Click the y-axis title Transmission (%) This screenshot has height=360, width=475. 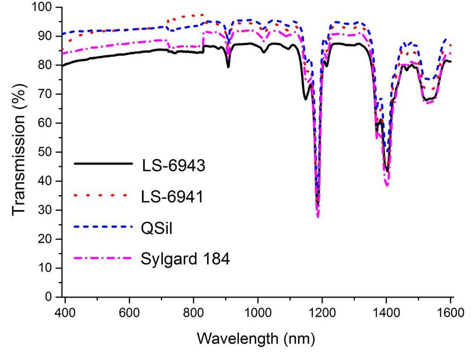(x=19, y=152)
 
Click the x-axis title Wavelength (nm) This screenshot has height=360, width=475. (x=256, y=337)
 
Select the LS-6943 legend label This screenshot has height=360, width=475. (x=173, y=166)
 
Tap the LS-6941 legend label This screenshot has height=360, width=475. (x=172, y=197)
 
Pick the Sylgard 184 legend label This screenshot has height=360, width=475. (x=185, y=259)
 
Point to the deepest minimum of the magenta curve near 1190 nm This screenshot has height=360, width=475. (x=318, y=217)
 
